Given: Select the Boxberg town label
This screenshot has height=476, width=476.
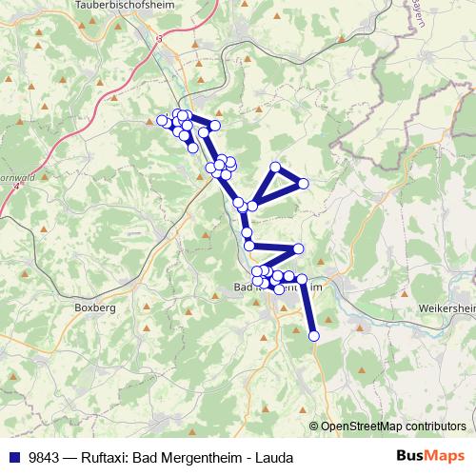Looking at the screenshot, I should (x=94, y=308).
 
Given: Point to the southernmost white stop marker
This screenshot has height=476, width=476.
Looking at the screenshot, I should (x=313, y=335).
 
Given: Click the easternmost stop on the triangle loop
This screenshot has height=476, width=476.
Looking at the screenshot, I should (x=304, y=183).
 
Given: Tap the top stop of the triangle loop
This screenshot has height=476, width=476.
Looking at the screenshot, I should (x=276, y=168).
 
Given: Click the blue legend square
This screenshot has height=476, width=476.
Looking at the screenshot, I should (x=13, y=458).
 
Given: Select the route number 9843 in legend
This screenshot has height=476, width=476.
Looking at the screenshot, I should (x=46, y=458).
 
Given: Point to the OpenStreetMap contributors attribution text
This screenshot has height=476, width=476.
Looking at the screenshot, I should (x=393, y=426).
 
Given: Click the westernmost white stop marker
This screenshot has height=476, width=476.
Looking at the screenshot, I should (x=161, y=120).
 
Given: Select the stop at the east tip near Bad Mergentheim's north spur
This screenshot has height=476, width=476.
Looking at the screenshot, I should (x=298, y=248).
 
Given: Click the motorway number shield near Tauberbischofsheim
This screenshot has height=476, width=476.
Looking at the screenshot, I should (x=159, y=38).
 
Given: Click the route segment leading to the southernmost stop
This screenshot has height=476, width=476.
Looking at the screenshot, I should (x=308, y=308).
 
